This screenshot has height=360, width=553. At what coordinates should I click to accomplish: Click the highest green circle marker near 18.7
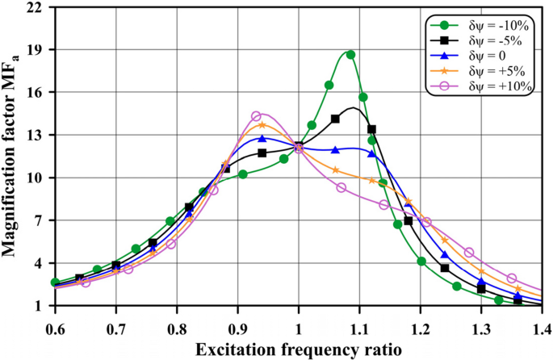[x=350, y=55]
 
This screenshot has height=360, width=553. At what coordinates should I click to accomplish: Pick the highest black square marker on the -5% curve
[x=335, y=119]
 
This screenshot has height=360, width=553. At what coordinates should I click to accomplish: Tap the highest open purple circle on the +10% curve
[x=256, y=116]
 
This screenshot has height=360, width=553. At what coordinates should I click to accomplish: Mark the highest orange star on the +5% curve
[x=262, y=125]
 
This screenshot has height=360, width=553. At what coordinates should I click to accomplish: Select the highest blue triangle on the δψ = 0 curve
[x=262, y=139]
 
